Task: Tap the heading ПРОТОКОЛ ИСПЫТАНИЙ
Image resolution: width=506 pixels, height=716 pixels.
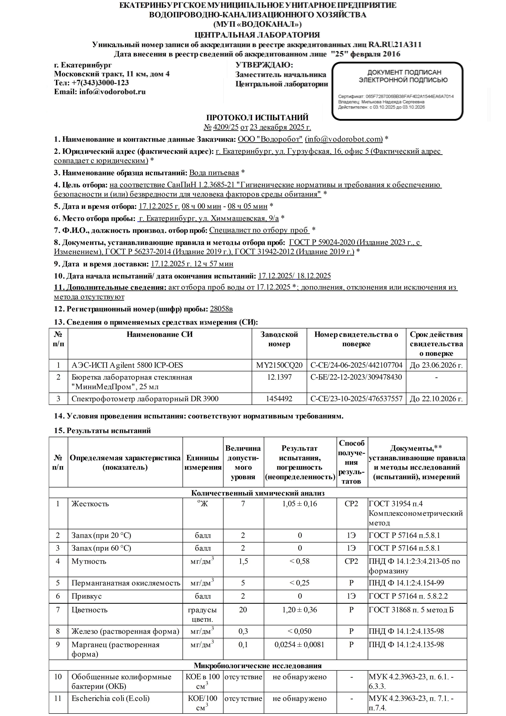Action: [x=257, y=118]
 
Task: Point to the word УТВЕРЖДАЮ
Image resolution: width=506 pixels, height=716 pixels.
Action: [x=264, y=65]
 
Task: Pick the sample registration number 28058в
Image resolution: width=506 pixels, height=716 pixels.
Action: [x=221, y=309]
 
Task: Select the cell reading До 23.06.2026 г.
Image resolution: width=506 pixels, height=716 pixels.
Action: [x=436, y=365]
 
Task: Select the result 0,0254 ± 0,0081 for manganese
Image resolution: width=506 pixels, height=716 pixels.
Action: [x=300, y=645]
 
